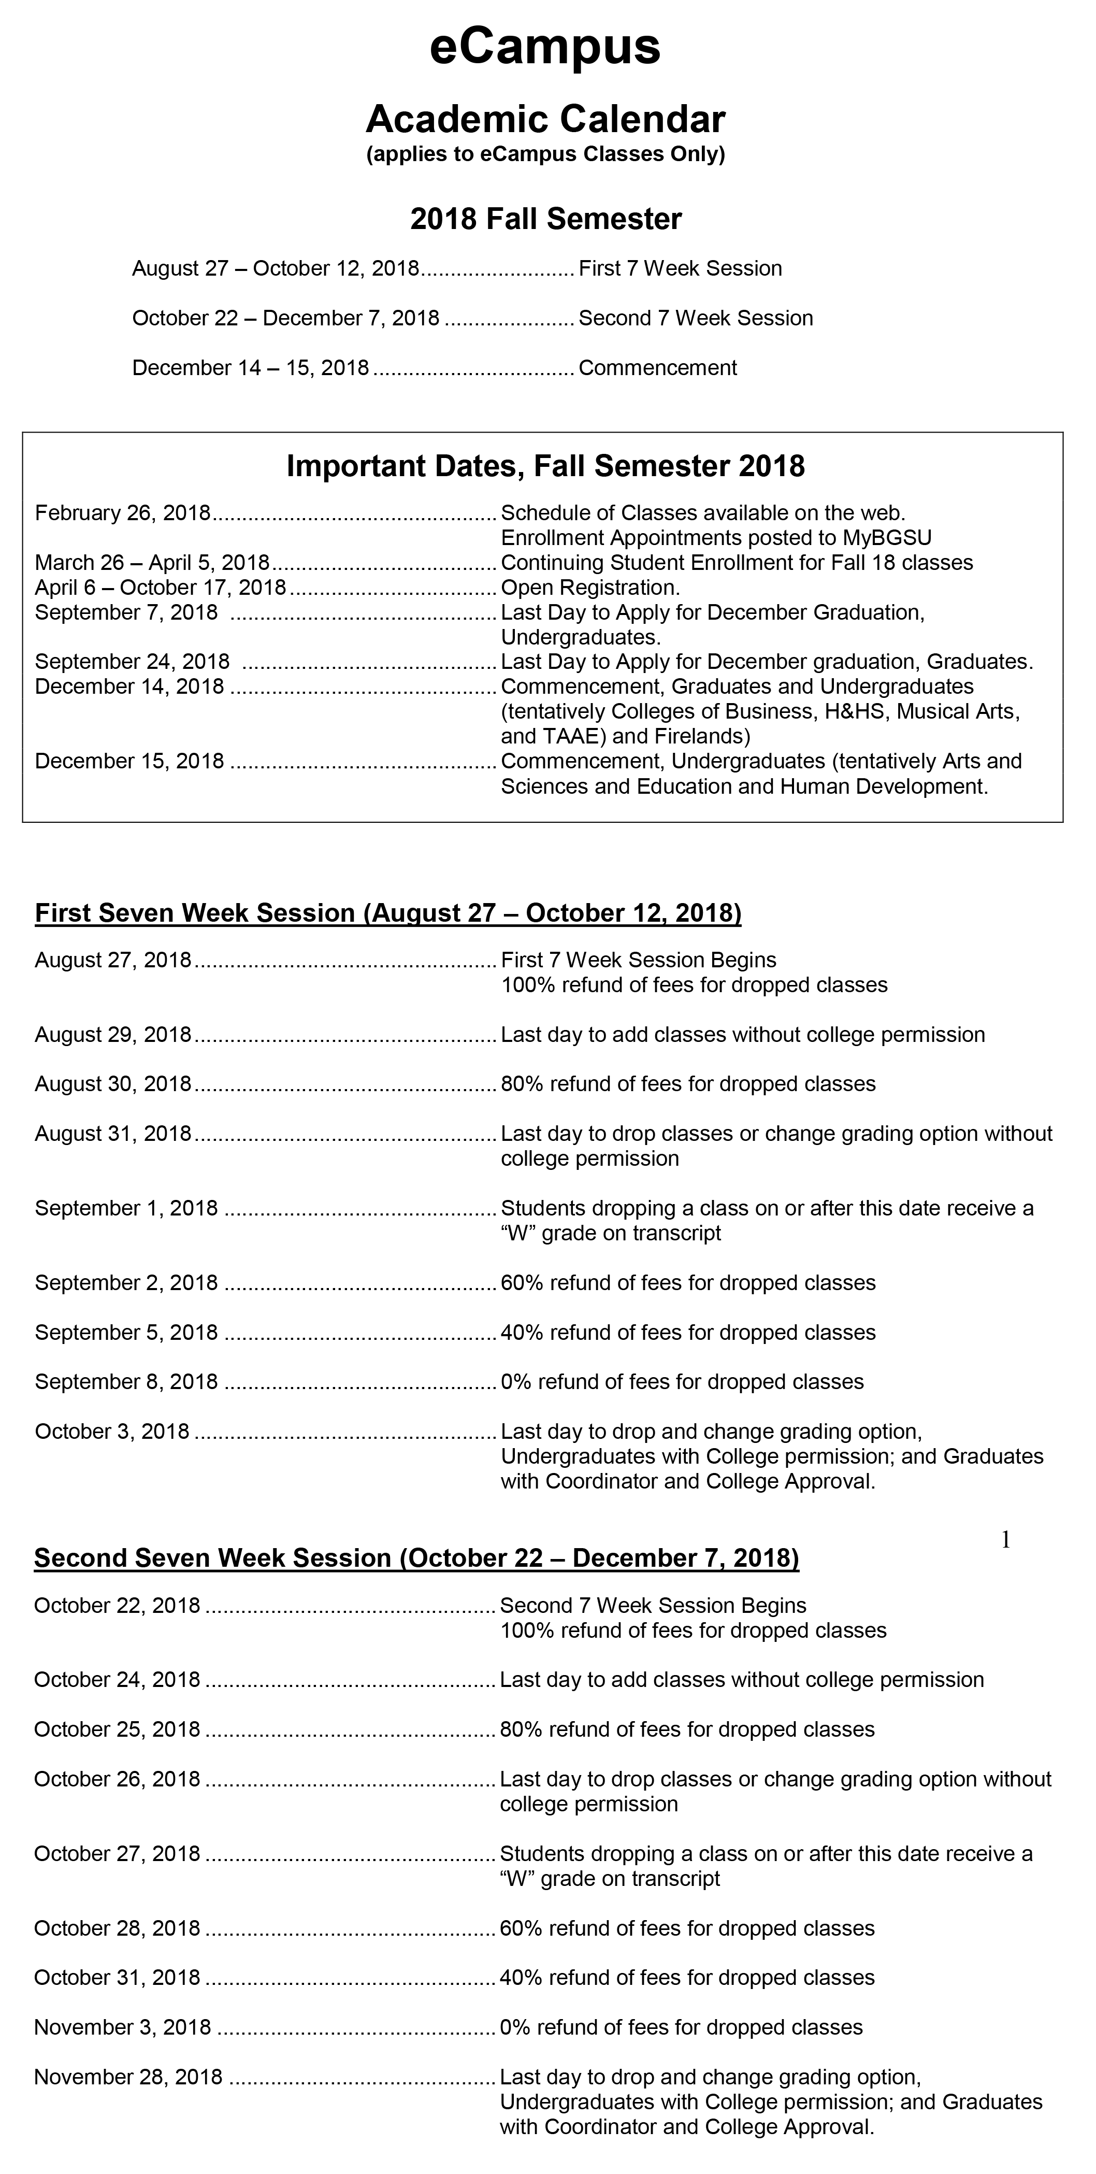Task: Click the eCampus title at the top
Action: point(545,47)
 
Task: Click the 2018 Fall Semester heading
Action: point(546,220)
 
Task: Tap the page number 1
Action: point(1005,1540)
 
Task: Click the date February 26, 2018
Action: point(122,513)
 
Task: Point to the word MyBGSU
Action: point(887,538)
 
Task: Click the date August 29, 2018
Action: point(113,1035)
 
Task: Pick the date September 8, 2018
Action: point(126,1381)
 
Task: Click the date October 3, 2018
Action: point(112,1432)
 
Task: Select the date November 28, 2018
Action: point(128,2077)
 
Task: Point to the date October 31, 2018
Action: point(117,1977)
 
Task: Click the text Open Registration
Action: point(590,588)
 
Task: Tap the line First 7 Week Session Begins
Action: point(639,961)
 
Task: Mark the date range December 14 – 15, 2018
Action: point(251,368)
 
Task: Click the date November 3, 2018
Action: point(122,2027)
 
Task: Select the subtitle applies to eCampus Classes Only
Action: point(545,154)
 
